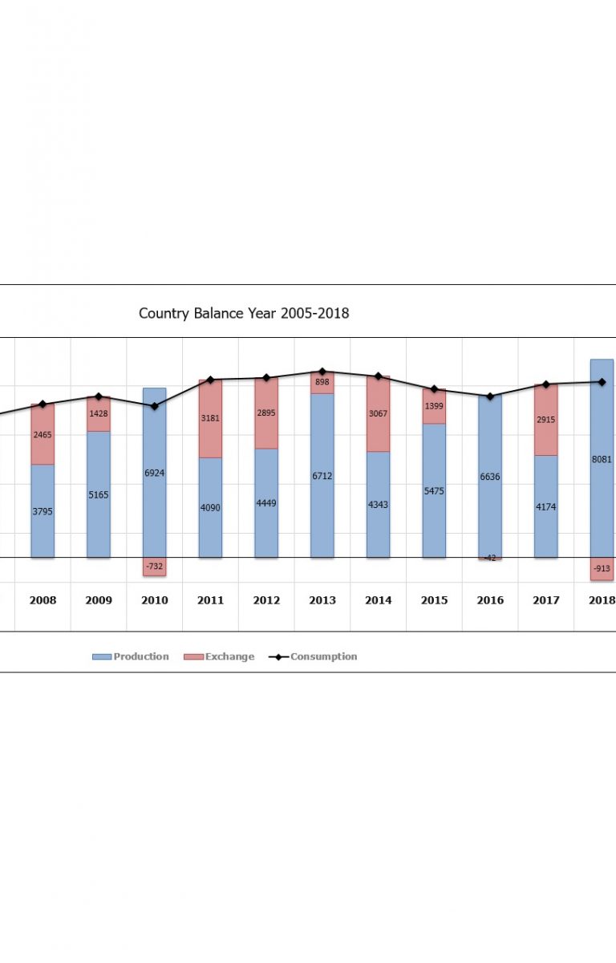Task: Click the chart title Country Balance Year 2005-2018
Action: pos(244,313)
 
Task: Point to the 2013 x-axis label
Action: pos(322,600)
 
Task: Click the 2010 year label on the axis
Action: pos(155,600)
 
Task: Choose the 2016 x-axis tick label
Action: pos(490,600)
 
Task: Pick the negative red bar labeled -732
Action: pos(155,567)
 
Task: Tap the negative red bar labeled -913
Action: pos(602,568)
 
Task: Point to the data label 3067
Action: pos(379,413)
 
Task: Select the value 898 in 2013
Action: pos(322,383)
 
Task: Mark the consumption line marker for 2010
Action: pos(155,406)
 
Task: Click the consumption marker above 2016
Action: pos(490,396)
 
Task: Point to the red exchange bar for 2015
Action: pos(434,406)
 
